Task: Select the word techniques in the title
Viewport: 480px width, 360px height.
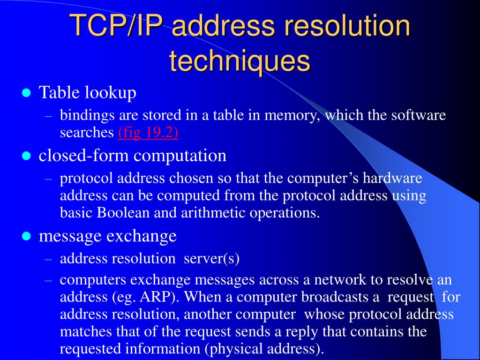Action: (x=240, y=61)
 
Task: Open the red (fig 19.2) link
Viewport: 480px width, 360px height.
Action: (x=148, y=133)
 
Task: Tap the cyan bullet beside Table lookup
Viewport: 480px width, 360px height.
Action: (x=26, y=93)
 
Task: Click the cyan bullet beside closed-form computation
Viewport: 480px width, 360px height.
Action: (x=26, y=156)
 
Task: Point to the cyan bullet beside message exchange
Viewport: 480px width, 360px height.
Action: (x=26, y=236)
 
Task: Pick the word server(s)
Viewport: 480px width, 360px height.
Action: (x=212, y=258)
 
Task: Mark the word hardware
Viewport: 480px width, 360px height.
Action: (x=393, y=179)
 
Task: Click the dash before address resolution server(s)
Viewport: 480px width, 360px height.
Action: (x=48, y=258)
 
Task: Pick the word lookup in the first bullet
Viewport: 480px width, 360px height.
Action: (x=111, y=93)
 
